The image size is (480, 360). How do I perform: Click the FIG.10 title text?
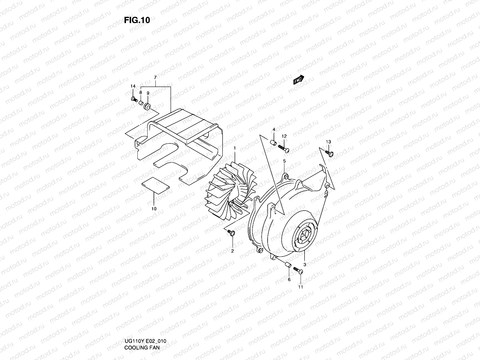(x=137, y=20)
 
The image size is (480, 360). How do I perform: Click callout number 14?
(x=133, y=86)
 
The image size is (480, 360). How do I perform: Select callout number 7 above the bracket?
(x=155, y=78)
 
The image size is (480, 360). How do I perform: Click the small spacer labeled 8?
(x=141, y=103)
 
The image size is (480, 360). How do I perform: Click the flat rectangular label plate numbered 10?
(x=155, y=186)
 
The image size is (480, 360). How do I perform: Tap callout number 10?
(x=154, y=208)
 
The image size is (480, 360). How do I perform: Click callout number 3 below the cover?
(x=304, y=265)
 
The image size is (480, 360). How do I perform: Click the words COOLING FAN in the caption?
(x=142, y=348)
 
